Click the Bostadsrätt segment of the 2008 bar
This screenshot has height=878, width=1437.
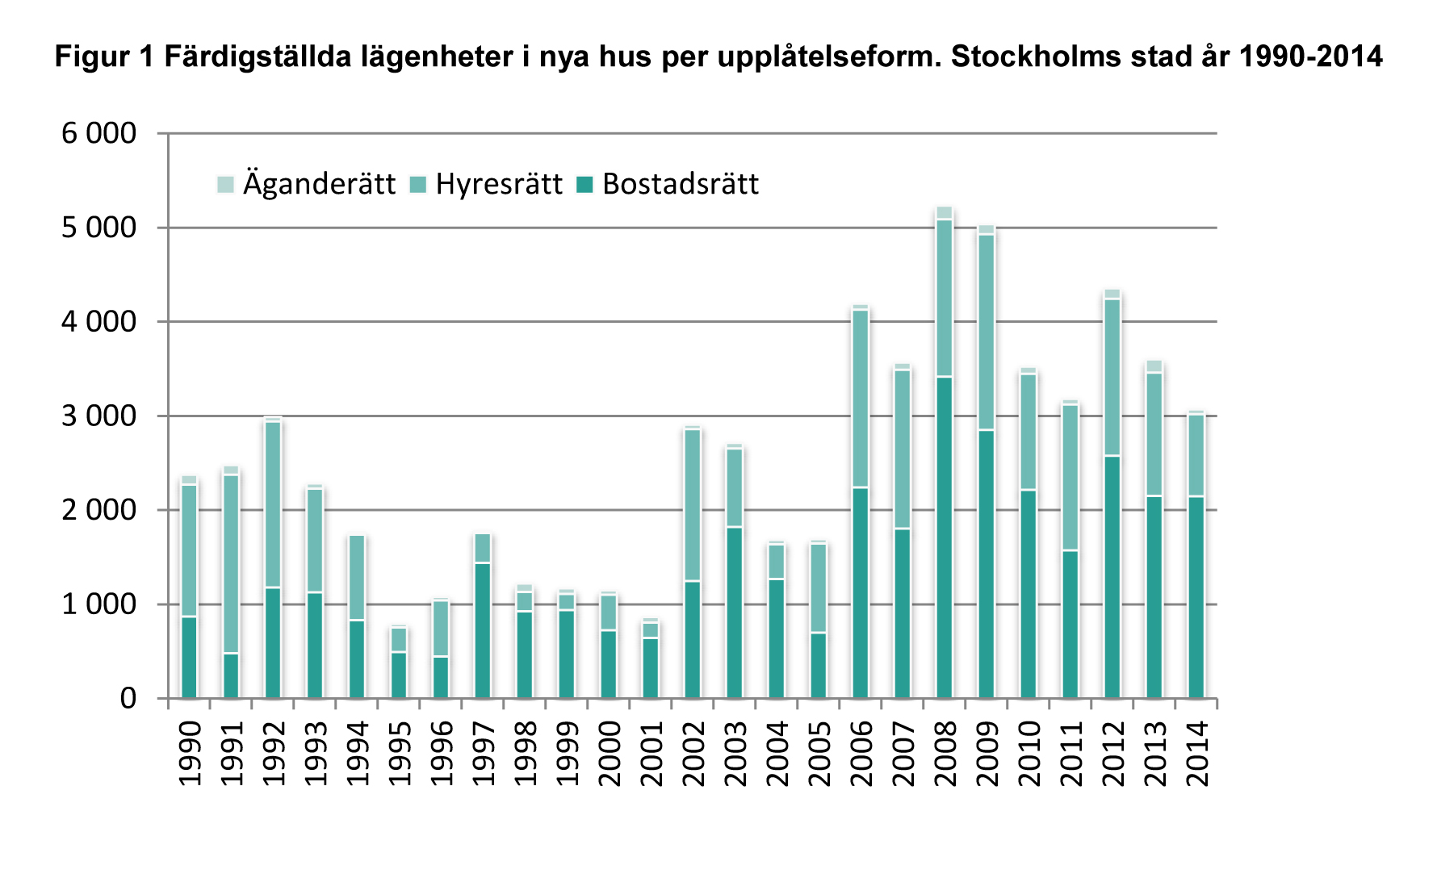pyautogui.click(x=944, y=537)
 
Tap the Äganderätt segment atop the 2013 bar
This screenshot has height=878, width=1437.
pyautogui.click(x=1154, y=366)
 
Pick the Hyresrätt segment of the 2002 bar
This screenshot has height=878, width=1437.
pyautogui.click(x=692, y=504)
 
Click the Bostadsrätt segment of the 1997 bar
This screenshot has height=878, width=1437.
pyautogui.click(x=483, y=629)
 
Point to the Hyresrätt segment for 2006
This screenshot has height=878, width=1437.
pyautogui.click(x=861, y=399)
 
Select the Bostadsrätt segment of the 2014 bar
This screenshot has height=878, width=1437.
pyautogui.click(x=1196, y=596)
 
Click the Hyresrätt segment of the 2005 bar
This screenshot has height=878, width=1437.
pyautogui.click(x=819, y=587)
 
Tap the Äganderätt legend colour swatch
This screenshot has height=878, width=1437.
pyautogui.click(x=225, y=185)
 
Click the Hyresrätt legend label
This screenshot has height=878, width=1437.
pyautogui.click(x=498, y=185)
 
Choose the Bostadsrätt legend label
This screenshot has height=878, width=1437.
pyautogui.click(x=681, y=185)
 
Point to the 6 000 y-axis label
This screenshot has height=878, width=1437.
pyautogui.click(x=98, y=133)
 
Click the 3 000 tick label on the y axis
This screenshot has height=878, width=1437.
pyautogui.click(x=98, y=416)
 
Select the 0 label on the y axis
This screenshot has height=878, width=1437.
pyautogui.click(x=128, y=699)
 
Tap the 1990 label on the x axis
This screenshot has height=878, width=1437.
pyautogui.click(x=190, y=753)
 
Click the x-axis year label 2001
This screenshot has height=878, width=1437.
pyautogui.click(x=651, y=753)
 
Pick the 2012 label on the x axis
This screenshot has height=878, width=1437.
pyautogui.click(x=1112, y=753)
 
